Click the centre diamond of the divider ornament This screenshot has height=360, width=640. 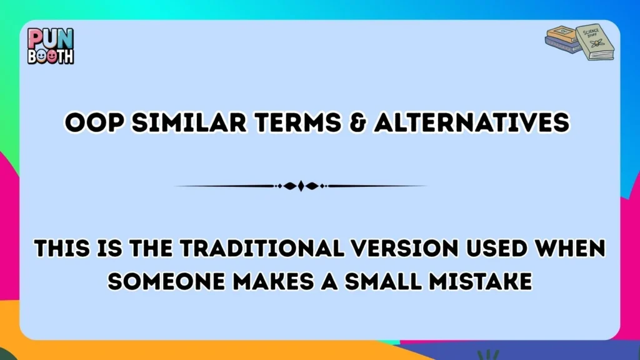click(301, 186)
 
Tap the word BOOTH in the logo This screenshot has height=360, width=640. click(51, 56)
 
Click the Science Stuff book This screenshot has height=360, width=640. click(593, 42)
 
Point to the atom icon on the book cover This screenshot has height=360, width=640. click(597, 44)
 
